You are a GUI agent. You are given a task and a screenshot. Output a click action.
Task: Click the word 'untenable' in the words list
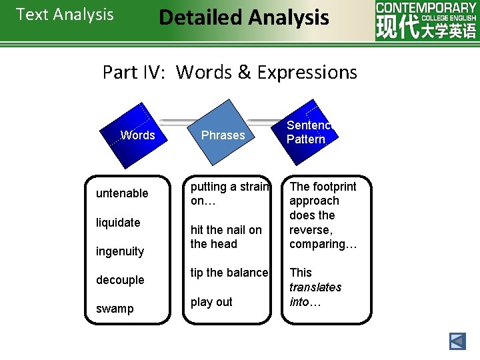122,193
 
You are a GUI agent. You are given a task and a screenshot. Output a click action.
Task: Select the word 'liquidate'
118,223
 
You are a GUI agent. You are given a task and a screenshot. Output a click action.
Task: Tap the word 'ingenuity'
120,251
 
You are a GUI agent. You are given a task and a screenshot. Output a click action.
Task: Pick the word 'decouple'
120,280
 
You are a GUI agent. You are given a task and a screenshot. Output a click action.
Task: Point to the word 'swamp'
115,309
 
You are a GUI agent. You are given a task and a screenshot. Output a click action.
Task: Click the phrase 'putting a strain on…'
229,193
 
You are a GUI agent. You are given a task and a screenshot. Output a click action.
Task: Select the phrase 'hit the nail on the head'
226,237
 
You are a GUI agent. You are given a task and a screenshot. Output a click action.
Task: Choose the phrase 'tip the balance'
229,273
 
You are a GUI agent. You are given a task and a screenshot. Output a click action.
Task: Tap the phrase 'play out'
211,302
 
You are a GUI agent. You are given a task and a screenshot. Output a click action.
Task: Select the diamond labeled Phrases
223,135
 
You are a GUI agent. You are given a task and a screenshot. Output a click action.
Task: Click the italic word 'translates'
315,287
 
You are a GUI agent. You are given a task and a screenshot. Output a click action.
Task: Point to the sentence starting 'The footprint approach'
323,215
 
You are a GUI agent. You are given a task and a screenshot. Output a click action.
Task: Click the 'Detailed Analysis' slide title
244,17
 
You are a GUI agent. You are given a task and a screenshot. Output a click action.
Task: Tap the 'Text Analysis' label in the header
65,15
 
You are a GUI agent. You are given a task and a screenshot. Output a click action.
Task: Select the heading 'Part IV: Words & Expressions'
230,72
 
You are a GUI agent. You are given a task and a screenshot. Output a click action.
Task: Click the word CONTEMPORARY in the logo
426,7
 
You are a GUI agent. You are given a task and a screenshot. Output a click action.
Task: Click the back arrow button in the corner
457,341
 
